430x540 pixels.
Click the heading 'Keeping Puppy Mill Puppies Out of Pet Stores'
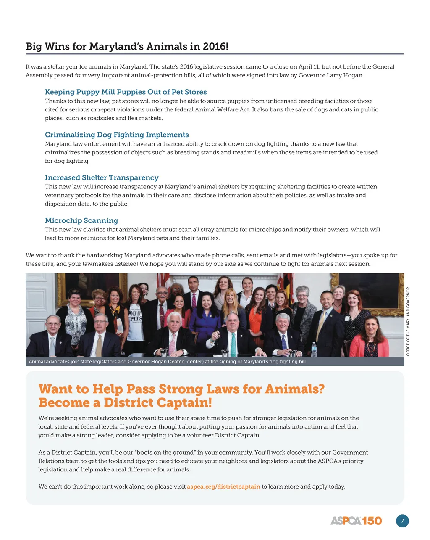[x=126, y=92]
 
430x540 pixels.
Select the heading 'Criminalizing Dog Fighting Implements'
[x=117, y=135]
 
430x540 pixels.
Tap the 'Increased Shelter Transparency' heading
[x=102, y=178]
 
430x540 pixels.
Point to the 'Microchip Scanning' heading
[x=81, y=221]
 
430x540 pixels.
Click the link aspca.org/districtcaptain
[x=223, y=487]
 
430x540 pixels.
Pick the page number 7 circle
[x=402, y=521]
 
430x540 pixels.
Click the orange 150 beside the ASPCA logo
[x=372, y=521]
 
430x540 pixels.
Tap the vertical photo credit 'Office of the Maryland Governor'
[x=408, y=321]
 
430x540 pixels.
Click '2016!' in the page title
[x=215, y=46]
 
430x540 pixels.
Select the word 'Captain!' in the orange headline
[x=184, y=403]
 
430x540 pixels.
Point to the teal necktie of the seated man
[x=233, y=344]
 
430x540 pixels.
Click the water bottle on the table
[x=314, y=349]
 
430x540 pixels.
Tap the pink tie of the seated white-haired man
[x=173, y=344]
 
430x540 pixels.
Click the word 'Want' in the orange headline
[x=55, y=389]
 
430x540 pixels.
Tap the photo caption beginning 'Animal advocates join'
[x=168, y=362]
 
